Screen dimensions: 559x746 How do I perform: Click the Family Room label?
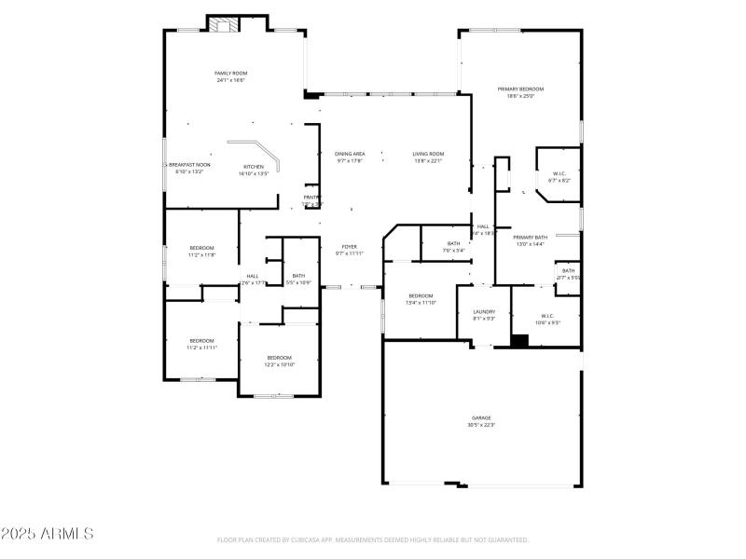coord(230,76)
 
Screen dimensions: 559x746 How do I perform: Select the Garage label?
coord(480,421)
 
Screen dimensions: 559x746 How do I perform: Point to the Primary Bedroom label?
coord(525,92)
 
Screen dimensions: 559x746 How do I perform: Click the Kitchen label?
coord(254,170)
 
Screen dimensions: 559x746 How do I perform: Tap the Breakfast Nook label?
coord(189,168)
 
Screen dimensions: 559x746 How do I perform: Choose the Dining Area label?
coord(350,157)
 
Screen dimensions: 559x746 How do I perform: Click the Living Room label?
coord(429,157)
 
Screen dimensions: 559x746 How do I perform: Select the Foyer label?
coord(350,250)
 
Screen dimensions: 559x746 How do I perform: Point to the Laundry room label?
coord(484,315)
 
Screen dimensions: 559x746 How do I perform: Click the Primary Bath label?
coord(531,240)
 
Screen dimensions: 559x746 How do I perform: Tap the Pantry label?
coord(311,200)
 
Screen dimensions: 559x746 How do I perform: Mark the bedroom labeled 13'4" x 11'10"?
coord(421,299)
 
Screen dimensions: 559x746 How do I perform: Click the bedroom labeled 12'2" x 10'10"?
coord(280,361)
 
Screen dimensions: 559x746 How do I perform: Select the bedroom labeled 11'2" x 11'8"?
coord(201,251)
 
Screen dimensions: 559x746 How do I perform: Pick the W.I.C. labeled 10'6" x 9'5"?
coord(547,320)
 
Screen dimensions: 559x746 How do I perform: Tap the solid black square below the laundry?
coord(519,340)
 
